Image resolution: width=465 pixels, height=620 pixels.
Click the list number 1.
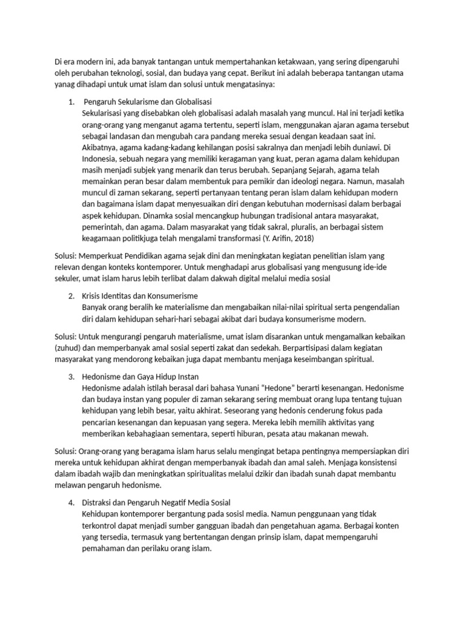click(x=70, y=101)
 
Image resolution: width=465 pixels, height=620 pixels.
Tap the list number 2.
click(x=71, y=295)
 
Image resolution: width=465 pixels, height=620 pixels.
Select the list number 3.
click(x=71, y=376)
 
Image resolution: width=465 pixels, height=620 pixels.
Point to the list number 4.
click(x=71, y=503)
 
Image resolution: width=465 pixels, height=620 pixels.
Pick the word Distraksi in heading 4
click(x=98, y=503)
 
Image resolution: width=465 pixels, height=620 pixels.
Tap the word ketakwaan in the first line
click(x=295, y=62)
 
